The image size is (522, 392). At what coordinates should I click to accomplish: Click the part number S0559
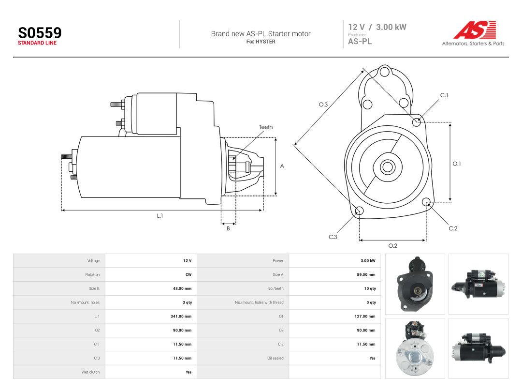(40, 33)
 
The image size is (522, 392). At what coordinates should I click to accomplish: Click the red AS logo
(475, 30)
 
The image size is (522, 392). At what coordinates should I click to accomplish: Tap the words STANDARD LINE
(37, 43)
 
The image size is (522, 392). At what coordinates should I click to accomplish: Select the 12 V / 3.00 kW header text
(377, 27)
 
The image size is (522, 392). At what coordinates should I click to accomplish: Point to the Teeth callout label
(266, 127)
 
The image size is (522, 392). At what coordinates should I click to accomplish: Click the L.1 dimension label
(160, 216)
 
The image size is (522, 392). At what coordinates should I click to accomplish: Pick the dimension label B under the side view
(228, 228)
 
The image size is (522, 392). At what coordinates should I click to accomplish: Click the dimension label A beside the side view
(282, 166)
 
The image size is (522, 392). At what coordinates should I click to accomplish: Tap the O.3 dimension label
(323, 105)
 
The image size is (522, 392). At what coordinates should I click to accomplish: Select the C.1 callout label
(444, 95)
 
